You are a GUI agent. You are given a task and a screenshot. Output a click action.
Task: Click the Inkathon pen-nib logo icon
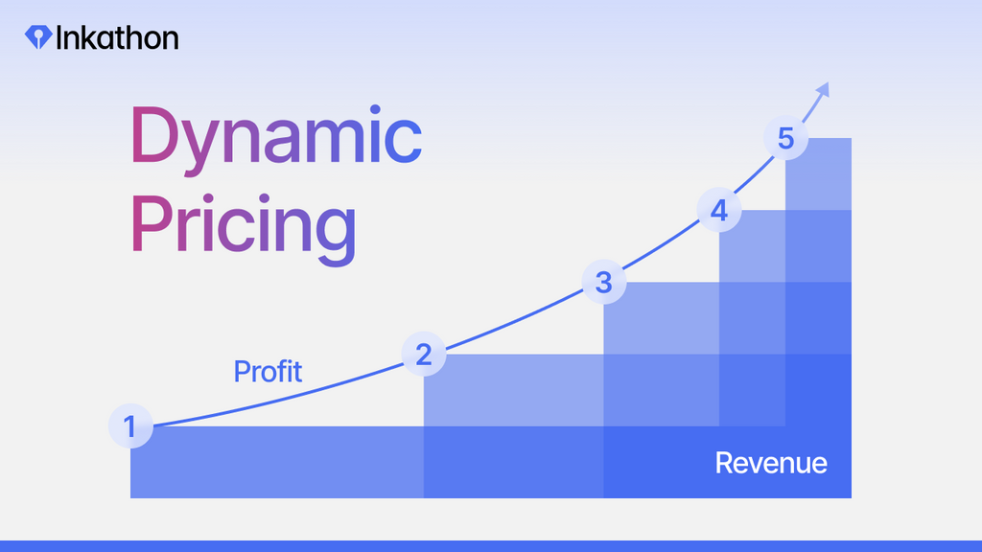tap(38, 37)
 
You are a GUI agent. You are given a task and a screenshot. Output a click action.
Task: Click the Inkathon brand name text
tap(117, 37)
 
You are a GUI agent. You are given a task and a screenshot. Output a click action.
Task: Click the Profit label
tap(269, 371)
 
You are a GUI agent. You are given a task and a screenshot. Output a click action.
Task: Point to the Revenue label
tap(771, 463)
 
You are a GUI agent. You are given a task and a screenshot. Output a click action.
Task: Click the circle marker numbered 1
tap(130, 426)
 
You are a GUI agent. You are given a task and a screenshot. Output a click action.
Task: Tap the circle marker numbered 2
tap(424, 355)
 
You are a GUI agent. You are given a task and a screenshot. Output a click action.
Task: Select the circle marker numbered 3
tap(604, 283)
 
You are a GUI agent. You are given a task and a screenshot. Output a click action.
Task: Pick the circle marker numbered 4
tap(719, 210)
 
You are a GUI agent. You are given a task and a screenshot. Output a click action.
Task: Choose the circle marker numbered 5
tap(786, 138)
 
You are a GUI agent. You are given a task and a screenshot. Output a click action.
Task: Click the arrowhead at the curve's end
tap(823, 89)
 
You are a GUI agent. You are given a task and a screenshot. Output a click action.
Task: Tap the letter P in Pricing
tap(151, 222)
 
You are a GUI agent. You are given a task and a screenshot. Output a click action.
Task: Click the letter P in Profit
tap(241, 371)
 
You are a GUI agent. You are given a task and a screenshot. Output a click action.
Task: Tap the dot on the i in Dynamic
tap(375, 111)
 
